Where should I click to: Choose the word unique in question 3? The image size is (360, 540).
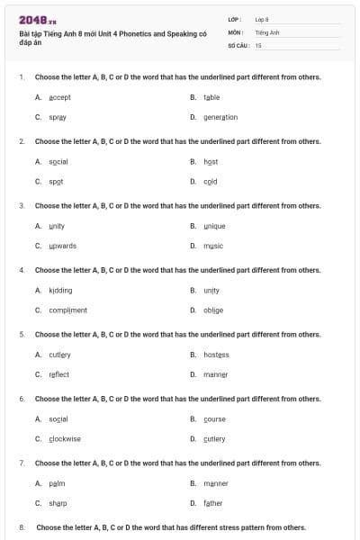coord(214,225)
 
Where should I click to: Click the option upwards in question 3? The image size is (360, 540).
coord(63,246)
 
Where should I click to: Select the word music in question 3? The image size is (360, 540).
coord(213,246)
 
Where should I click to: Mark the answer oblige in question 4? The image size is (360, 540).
coord(213,310)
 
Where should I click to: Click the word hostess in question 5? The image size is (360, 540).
coord(216,355)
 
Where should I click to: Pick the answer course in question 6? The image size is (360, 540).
coord(214,419)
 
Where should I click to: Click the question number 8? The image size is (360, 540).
coord(22,527)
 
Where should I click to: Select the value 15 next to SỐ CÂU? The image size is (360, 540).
coord(258,44)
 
